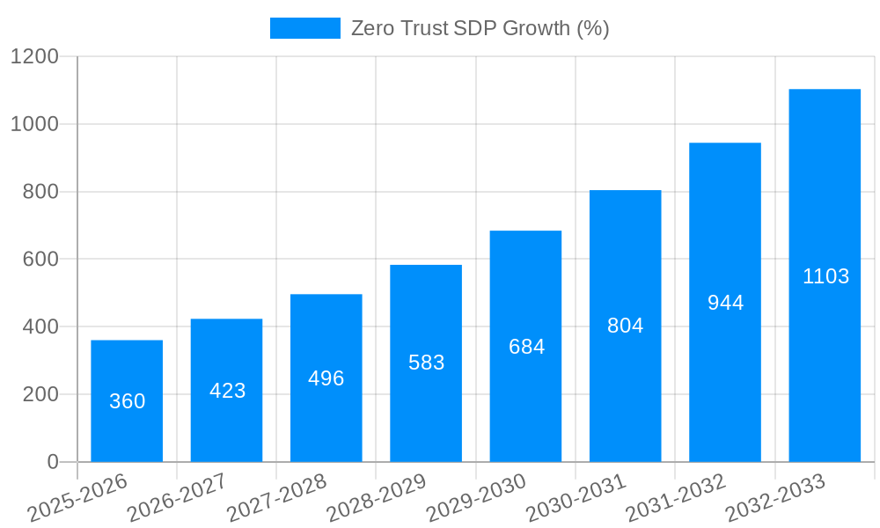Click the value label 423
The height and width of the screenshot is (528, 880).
[227, 391]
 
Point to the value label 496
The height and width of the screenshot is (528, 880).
[326, 378]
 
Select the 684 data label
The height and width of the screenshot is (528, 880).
[526, 347]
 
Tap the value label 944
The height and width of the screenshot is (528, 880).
[725, 303]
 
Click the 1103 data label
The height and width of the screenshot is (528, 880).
[825, 276]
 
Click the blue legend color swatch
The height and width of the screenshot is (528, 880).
[304, 28]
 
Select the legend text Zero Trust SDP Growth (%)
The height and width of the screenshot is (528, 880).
[480, 28]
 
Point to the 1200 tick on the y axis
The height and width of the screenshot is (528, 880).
[34, 57]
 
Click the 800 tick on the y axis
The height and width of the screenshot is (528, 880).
[40, 192]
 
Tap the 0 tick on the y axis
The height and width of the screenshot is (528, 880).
[52, 462]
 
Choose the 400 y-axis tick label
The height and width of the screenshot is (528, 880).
[40, 327]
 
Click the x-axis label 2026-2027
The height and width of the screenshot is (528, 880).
[177, 497]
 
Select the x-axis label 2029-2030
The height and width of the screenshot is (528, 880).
[476, 497]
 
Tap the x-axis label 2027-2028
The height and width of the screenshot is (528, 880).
[276, 497]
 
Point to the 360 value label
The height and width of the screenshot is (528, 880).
[127, 401]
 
